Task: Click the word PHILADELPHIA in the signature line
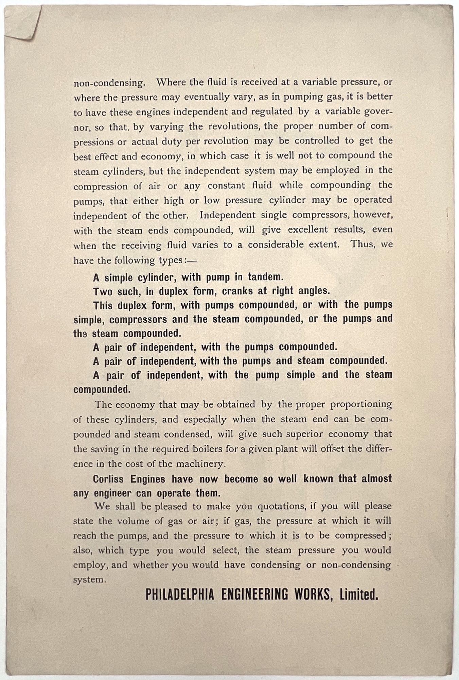point(180,595)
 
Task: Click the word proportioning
point(361,405)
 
